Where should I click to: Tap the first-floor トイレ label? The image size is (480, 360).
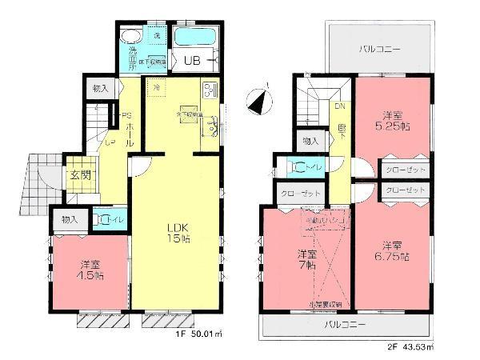(107, 218)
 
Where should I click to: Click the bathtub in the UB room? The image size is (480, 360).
(194, 37)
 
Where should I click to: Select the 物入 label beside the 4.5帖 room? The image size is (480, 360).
(69, 218)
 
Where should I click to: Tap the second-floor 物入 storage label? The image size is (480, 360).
(310, 141)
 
